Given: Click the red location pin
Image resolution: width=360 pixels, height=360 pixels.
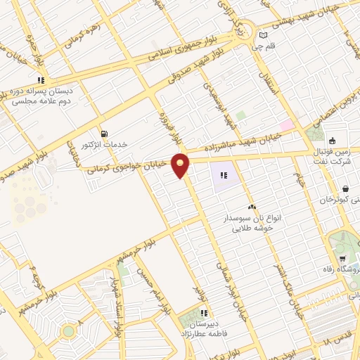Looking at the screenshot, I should pyautogui.click(x=181, y=165).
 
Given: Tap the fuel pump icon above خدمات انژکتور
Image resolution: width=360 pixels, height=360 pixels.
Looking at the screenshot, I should pyautogui.click(x=105, y=133).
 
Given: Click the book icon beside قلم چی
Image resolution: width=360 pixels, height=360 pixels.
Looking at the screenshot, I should pyautogui.click(x=264, y=35).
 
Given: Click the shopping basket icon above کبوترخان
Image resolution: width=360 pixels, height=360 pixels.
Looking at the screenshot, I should pyautogui.click(x=346, y=188).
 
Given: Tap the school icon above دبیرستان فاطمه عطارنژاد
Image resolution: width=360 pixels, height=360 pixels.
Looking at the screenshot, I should pyautogui.click(x=203, y=313).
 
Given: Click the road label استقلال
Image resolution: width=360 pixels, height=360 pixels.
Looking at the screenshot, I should pyautogui.click(x=269, y=82).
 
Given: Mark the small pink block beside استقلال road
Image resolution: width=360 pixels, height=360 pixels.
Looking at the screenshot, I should pyautogui.click(x=286, y=124).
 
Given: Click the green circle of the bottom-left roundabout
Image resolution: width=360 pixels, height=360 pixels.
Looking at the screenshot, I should pyautogui.click(x=67, y=330).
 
